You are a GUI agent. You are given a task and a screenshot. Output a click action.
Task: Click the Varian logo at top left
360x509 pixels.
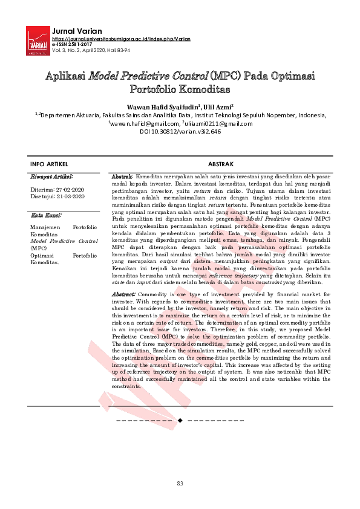coord(38,41)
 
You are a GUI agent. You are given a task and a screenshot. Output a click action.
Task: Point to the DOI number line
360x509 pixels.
coord(180,131)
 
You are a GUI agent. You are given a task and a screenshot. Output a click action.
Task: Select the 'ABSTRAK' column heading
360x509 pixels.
coord(221,164)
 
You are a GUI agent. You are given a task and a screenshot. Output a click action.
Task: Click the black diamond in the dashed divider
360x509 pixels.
coord(180,419)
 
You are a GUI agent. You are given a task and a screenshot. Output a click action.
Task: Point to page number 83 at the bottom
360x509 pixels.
coord(180,484)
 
